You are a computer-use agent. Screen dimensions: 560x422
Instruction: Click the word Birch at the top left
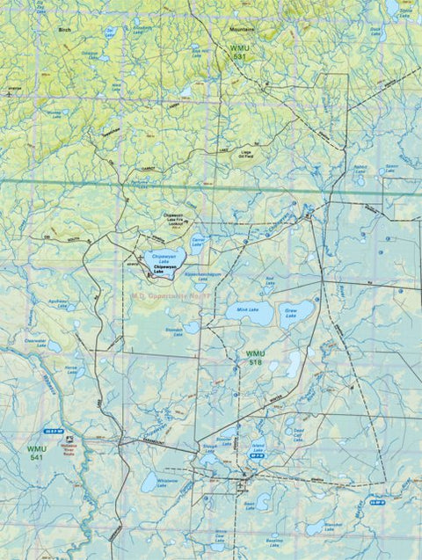click(62, 29)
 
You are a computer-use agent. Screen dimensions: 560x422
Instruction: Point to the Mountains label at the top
click(229, 29)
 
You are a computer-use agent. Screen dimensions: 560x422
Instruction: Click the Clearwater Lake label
click(36, 339)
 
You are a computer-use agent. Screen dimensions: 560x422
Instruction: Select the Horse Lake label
click(71, 369)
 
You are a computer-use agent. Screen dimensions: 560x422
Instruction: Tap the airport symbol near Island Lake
click(243, 483)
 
